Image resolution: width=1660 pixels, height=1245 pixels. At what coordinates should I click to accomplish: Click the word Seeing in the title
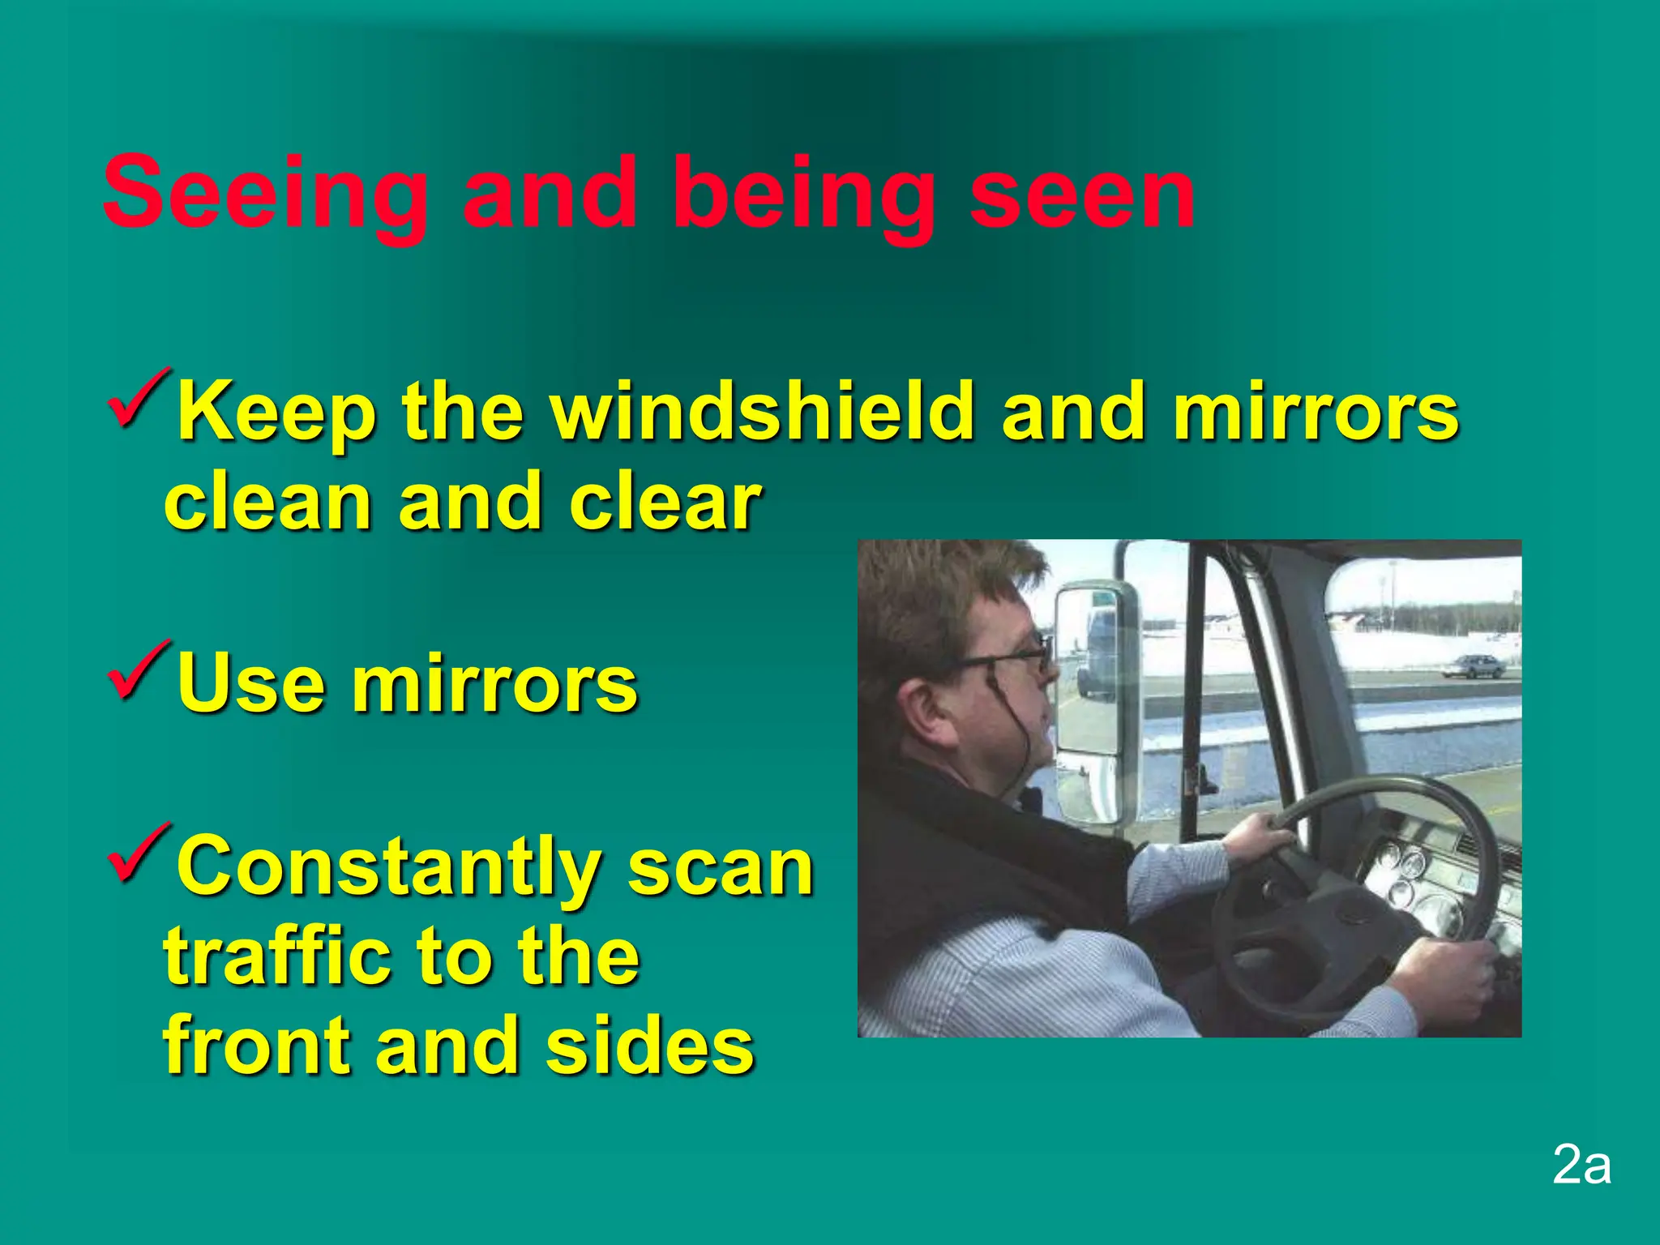(265, 195)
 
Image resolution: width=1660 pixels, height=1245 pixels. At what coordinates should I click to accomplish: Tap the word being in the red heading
(802, 195)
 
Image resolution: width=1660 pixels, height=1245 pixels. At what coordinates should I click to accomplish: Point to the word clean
(267, 503)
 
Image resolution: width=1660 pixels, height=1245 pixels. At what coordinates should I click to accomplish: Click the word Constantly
(387, 867)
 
